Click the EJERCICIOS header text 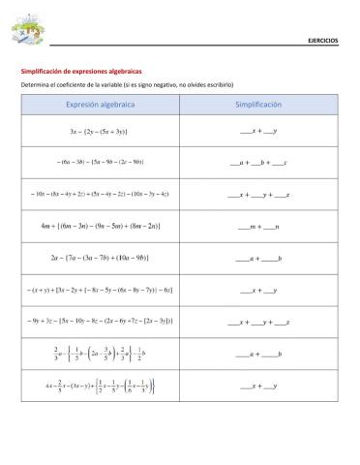tap(322, 41)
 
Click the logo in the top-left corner tap(28, 32)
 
